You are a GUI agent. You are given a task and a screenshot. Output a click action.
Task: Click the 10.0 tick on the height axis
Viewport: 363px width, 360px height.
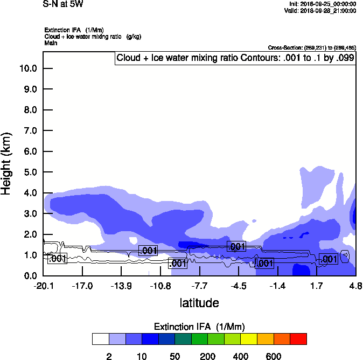tap(28, 68)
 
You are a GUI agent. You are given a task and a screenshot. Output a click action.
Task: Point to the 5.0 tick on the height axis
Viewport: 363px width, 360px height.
tap(28, 172)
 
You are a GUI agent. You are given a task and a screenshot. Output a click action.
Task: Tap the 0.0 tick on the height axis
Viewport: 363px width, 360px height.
tap(28, 276)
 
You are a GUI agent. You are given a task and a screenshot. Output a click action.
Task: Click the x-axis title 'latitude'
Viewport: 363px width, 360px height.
tap(199, 303)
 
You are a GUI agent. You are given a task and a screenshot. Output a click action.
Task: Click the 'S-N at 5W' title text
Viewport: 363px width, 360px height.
tap(63, 4)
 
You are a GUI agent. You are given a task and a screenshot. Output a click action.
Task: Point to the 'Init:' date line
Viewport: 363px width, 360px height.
tap(322, 4)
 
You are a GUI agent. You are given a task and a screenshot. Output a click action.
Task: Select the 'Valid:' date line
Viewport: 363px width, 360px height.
tap(320, 10)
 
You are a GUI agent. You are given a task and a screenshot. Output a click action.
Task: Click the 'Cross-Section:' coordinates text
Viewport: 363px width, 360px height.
tap(312, 48)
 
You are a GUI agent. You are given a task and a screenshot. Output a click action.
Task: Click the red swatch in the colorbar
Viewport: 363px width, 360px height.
tap(298, 338)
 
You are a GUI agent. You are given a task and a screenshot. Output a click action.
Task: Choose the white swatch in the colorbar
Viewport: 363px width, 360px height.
tap(100, 338)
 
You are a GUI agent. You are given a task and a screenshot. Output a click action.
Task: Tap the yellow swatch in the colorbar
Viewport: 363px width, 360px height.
tap(249, 338)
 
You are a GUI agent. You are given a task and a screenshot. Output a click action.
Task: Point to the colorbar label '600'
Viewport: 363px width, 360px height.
tap(274, 356)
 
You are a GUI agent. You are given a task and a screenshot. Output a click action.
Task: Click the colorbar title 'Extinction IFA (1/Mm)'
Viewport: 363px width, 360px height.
tap(200, 327)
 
